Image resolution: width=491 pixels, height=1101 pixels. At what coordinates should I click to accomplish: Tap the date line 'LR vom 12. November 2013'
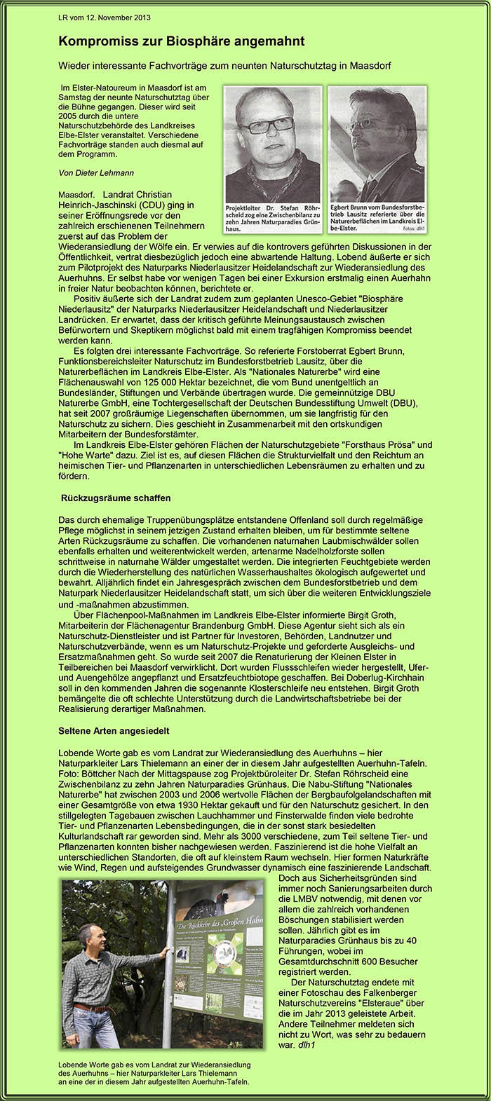(105, 18)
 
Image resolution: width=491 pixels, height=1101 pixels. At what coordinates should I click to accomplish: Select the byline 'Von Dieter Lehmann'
(96, 172)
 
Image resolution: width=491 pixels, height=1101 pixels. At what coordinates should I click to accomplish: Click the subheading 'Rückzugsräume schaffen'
(116, 498)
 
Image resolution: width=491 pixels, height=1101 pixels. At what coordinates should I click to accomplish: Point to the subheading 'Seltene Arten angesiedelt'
(114, 731)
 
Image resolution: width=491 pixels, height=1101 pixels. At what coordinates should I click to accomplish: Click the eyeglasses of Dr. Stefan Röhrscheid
(267, 125)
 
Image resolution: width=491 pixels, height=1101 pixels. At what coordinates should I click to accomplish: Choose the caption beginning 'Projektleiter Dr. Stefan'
(273, 218)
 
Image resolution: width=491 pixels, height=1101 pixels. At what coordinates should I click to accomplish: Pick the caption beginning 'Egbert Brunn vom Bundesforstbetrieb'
(377, 217)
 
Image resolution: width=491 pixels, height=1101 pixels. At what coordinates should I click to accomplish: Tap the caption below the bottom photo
(154, 1073)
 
